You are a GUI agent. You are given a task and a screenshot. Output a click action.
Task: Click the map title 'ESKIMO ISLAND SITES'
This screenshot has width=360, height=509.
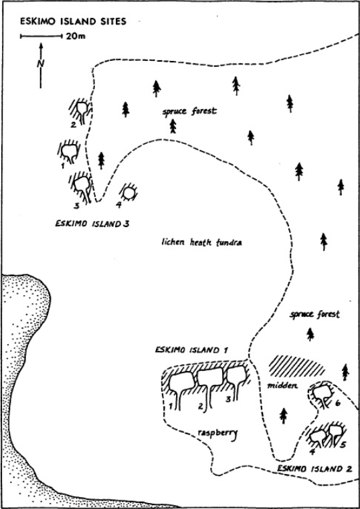click(74, 21)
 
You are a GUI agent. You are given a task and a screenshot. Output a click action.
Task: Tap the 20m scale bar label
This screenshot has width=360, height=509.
click(76, 36)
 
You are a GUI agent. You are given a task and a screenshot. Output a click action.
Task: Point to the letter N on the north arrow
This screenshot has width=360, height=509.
click(41, 64)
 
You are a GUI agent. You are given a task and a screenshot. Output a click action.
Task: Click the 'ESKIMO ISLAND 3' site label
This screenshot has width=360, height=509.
click(92, 224)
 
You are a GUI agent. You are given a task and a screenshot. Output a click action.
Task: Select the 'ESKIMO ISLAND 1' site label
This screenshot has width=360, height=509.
click(191, 350)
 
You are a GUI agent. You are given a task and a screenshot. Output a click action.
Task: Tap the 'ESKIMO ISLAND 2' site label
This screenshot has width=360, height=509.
click(314, 469)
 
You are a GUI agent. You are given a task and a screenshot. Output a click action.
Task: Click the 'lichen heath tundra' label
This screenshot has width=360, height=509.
click(201, 242)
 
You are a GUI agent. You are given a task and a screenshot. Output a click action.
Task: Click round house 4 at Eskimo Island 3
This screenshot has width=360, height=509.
click(129, 193)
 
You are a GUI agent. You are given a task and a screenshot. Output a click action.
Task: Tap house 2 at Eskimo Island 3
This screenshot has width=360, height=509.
click(80, 111)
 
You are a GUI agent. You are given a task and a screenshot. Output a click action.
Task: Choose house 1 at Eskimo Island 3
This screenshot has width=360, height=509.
click(69, 151)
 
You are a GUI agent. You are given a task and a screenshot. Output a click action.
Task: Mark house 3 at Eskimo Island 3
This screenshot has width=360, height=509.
click(81, 188)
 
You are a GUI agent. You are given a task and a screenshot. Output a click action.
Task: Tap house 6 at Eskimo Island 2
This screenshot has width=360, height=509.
click(323, 394)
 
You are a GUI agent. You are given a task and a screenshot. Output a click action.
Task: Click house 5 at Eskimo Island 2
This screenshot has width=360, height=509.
click(336, 433)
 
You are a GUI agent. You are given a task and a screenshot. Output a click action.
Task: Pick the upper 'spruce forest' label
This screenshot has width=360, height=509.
click(189, 111)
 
